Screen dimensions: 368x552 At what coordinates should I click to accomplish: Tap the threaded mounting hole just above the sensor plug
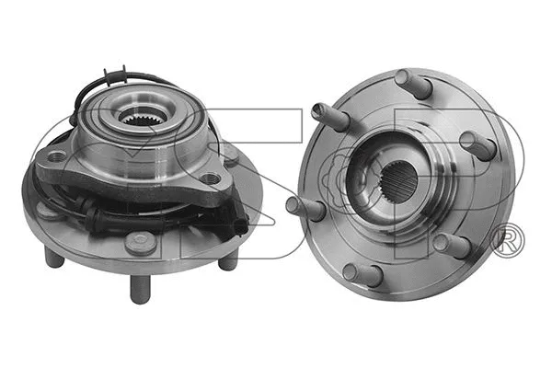point(212,178)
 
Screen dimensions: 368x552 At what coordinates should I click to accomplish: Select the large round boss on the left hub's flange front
point(140,241)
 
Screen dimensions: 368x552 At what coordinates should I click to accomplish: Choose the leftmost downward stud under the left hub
point(53,258)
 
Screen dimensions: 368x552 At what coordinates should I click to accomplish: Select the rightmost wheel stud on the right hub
point(479,144)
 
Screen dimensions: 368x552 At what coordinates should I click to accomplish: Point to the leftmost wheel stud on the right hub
point(304,204)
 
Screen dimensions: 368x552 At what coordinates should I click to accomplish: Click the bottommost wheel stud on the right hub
point(364,273)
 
